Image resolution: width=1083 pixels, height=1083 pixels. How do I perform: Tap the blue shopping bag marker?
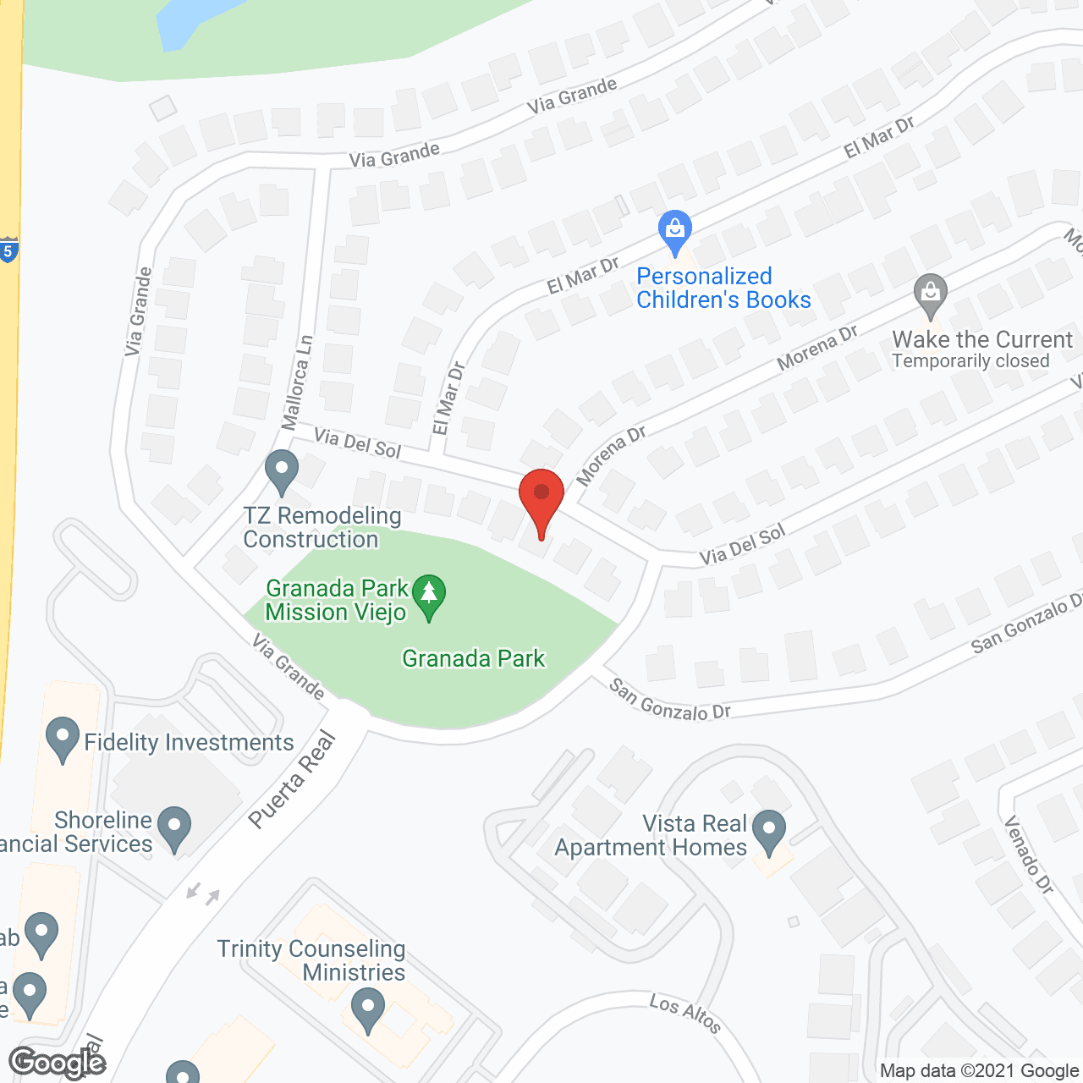click(x=675, y=230)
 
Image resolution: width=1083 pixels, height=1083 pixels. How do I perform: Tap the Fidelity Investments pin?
click(x=63, y=738)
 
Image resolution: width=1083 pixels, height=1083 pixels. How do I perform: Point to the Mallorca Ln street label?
click(x=297, y=382)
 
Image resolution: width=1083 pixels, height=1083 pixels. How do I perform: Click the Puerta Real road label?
click(x=293, y=780)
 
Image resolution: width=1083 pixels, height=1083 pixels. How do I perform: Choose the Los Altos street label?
click(x=685, y=1014)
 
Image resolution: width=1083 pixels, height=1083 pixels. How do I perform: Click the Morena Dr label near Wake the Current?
click(x=817, y=347)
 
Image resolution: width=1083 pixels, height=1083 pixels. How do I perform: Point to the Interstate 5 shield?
click(x=8, y=250)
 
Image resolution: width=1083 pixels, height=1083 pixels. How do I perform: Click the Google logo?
click(x=58, y=1063)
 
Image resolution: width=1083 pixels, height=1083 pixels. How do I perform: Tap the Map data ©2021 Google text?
click(x=980, y=1071)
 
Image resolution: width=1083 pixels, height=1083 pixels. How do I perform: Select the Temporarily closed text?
click(x=970, y=361)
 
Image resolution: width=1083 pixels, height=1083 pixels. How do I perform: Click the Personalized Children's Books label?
click(x=723, y=288)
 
